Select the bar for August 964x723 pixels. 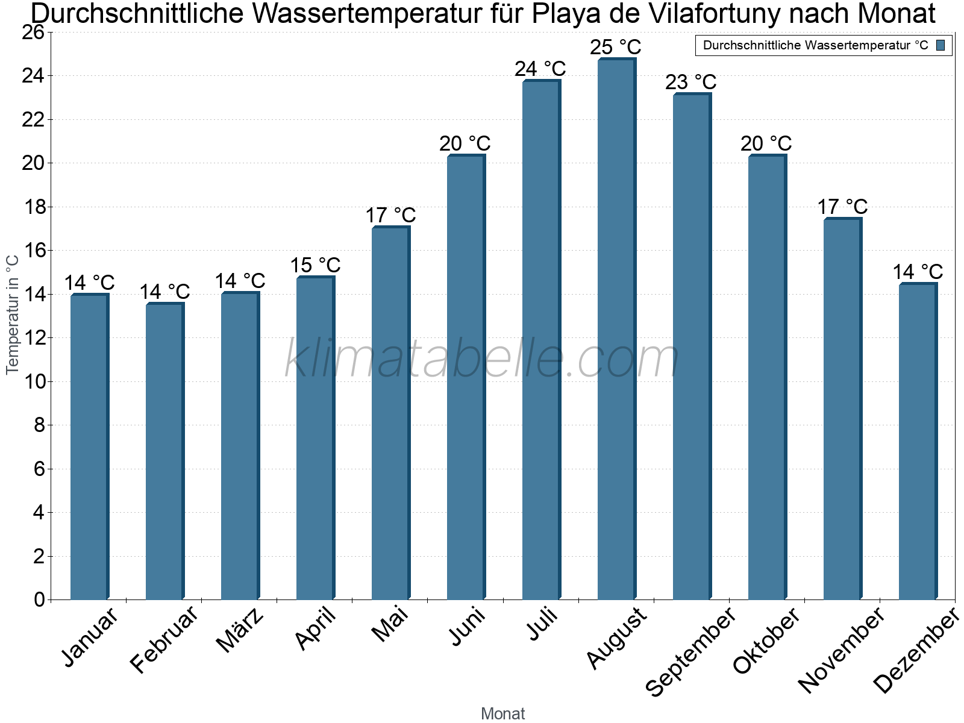pos(616,328)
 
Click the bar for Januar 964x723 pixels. pos(89,446)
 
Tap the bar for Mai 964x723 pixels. pos(390,413)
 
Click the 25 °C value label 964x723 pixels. pos(615,47)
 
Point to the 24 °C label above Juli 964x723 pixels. pos(540,69)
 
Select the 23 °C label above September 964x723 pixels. pos(690,82)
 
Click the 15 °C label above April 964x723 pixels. pos(315,265)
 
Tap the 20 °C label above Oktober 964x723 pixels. pos(766,144)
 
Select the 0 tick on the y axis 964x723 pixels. pos(40,599)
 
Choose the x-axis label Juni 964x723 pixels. pos(468,627)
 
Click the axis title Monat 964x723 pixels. pos(502,713)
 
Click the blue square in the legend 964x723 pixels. pos(941,45)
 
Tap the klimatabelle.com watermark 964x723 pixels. pos(482,359)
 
